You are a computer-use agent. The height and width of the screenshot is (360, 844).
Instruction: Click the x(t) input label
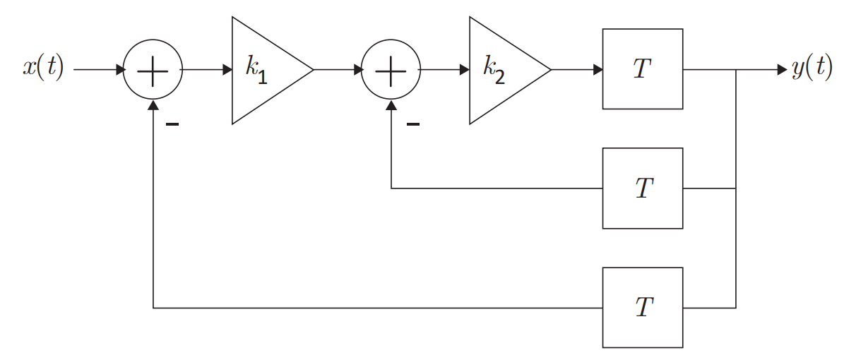point(43,68)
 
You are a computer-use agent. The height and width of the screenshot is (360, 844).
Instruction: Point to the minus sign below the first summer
point(172,125)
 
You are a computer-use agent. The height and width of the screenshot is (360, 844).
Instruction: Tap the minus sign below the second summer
point(413,125)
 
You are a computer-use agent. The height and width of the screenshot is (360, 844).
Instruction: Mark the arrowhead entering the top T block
point(598,69)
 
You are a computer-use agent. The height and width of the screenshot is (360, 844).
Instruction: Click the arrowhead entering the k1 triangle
point(227,69)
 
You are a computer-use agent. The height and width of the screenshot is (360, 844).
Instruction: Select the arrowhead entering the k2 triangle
point(465,69)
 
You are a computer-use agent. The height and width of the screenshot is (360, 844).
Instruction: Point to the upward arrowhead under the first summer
point(153,105)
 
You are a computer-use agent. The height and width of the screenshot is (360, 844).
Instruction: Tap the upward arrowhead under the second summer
point(391,105)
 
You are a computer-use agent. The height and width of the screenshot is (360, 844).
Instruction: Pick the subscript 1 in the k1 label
point(262,77)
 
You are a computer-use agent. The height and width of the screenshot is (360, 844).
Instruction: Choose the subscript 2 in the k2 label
point(499,77)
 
